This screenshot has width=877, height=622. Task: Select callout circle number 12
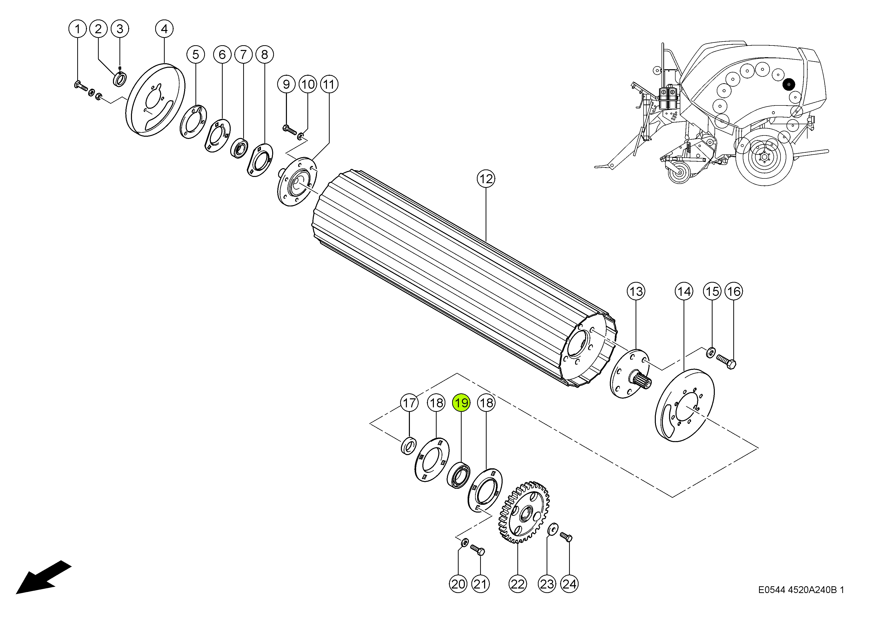pos(486,179)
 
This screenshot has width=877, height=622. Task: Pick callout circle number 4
pos(164,29)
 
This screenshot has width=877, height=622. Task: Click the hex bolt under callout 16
pos(725,362)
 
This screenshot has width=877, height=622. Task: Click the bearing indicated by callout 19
pos(458,475)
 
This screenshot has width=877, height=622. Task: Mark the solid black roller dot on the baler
pos(789,84)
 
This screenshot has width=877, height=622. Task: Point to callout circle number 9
pos(286,84)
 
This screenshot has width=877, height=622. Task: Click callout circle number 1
pos(78,29)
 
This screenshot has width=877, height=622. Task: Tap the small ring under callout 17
pos(409,445)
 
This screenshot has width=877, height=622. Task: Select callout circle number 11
pos(329,84)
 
